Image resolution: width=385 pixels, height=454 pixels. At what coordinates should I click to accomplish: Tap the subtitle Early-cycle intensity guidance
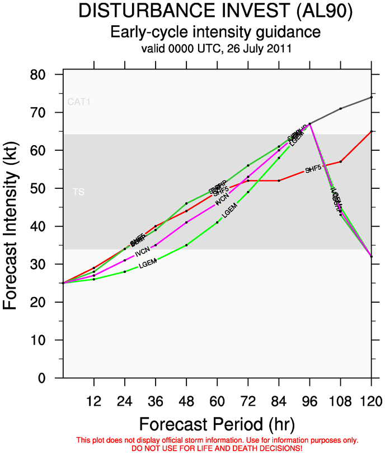(215, 31)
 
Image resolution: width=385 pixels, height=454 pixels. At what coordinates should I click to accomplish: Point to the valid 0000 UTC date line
(216, 49)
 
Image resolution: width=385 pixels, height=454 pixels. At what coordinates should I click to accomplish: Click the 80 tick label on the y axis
(47, 75)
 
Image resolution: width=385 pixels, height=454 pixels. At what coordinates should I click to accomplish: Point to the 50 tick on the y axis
(47, 189)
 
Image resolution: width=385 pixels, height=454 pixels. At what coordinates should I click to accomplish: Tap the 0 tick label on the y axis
(51, 378)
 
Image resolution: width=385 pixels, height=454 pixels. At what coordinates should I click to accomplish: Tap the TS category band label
(78, 192)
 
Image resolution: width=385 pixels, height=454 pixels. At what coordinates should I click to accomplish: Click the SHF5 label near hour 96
(314, 168)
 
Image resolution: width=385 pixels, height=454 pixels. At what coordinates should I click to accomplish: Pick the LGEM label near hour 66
(230, 211)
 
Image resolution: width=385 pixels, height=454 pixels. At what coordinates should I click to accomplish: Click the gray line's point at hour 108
(340, 109)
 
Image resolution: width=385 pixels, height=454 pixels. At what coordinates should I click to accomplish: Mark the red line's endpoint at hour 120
(371, 131)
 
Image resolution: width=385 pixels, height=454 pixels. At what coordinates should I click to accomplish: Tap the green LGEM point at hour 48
(186, 245)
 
